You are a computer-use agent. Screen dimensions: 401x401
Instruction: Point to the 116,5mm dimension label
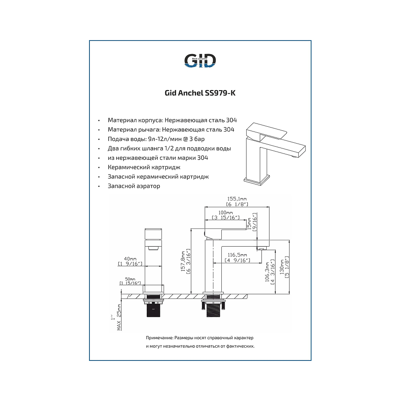tap(236, 255)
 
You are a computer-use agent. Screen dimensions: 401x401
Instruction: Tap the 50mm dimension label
tap(130, 279)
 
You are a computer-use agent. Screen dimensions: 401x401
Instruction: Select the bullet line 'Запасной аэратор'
tap(134, 186)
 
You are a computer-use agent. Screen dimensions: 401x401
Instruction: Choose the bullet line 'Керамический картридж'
tap(144, 168)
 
